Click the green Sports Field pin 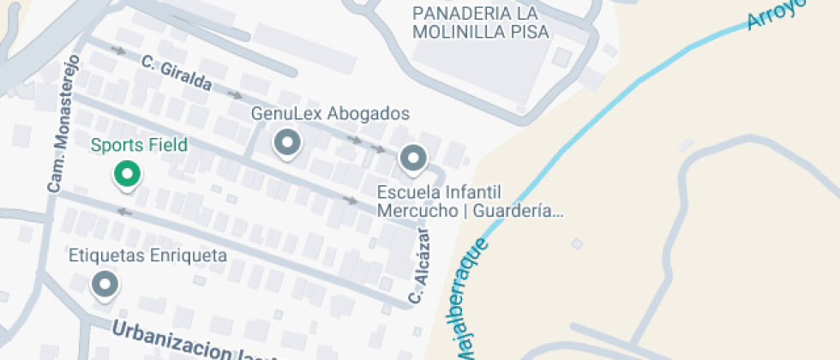(127, 175)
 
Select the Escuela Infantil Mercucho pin (413, 159)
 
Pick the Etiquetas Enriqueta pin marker (105, 283)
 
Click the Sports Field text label (139, 146)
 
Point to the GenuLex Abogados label (330, 114)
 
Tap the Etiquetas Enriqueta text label (147, 255)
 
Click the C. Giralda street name (177, 74)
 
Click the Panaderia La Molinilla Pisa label (481, 23)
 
